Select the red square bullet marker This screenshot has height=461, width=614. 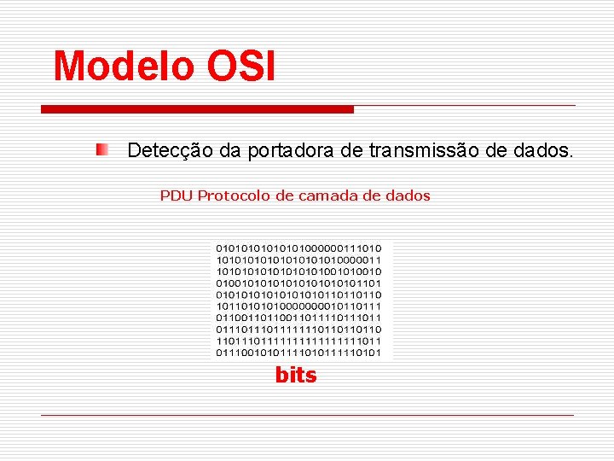coord(102,150)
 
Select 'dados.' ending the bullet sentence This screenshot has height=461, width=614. coord(544,151)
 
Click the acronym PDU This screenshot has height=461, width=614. coord(177,195)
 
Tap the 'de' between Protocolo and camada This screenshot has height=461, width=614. coord(282,195)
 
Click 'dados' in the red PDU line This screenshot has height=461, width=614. coord(408,195)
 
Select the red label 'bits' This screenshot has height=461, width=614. coord(295,375)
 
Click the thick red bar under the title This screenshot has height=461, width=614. coord(197,109)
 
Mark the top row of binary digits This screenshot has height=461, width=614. coord(298,248)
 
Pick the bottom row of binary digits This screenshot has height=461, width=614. coord(298,353)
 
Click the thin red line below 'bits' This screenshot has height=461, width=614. coord(307,415)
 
